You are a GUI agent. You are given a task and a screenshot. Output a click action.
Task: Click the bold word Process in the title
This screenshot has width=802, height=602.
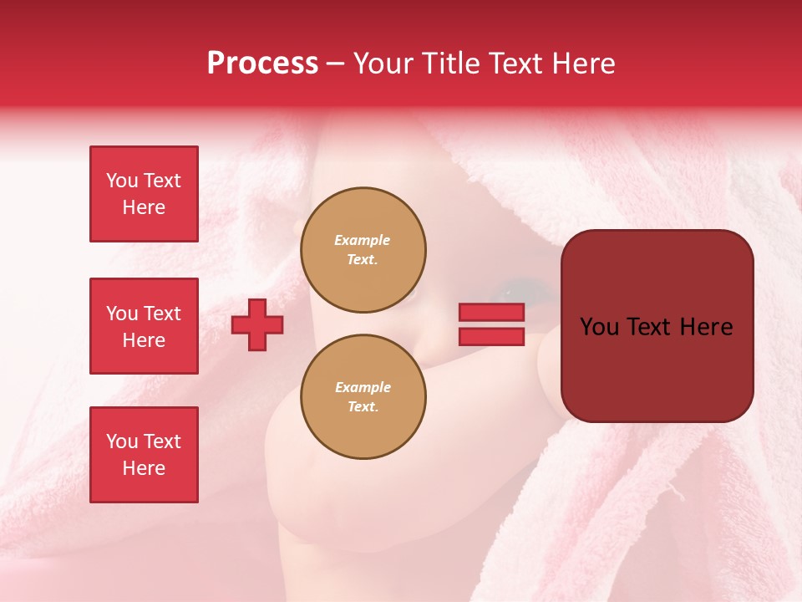(x=262, y=64)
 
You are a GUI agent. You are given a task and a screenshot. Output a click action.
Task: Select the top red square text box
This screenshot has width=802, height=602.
(x=144, y=194)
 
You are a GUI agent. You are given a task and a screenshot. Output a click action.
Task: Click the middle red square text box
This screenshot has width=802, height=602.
(x=144, y=326)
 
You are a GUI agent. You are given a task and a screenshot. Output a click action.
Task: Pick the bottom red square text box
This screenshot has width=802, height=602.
(x=144, y=455)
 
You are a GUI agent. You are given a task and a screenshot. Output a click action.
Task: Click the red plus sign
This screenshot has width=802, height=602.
(x=257, y=324)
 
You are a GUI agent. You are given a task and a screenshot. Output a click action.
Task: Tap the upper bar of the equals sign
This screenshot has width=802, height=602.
(x=491, y=312)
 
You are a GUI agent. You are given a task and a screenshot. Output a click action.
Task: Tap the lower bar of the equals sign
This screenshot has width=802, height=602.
(x=491, y=336)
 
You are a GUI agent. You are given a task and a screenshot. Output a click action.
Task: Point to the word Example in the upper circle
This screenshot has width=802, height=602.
(x=363, y=240)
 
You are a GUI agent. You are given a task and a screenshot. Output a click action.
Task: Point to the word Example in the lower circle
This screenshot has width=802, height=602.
(x=363, y=387)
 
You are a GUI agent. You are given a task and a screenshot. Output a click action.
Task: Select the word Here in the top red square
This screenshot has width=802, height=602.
(x=144, y=207)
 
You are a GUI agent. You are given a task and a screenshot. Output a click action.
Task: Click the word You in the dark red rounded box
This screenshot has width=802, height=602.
(x=598, y=327)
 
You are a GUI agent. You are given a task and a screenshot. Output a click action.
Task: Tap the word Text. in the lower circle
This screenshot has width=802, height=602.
(x=363, y=407)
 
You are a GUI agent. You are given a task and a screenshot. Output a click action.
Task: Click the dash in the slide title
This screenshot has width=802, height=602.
(x=335, y=64)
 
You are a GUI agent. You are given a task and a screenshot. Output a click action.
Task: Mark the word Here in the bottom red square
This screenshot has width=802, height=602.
(x=144, y=468)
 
